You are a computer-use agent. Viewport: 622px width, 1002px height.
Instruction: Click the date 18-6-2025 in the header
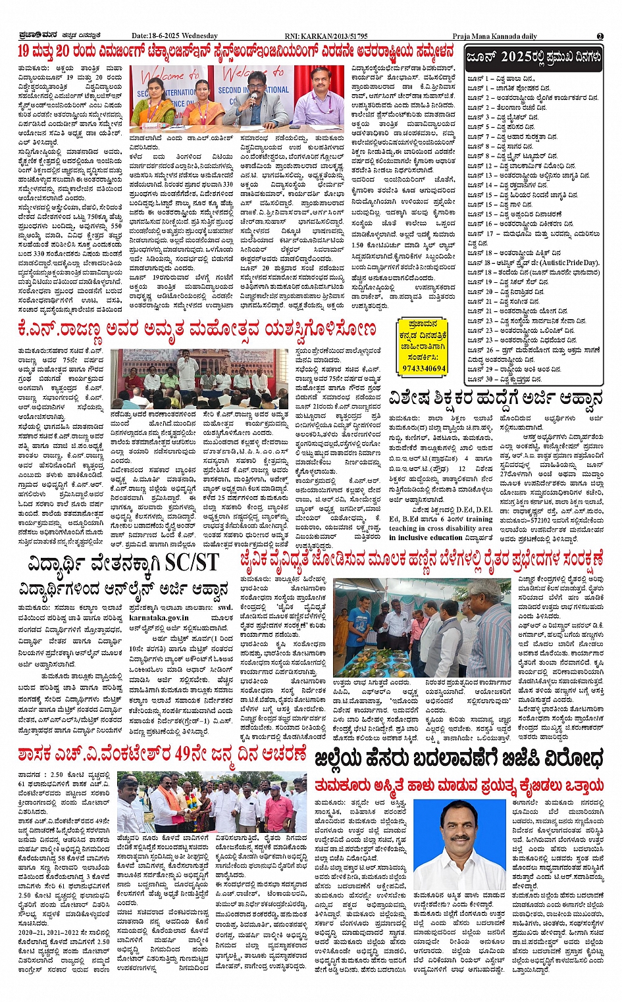click(x=165, y=36)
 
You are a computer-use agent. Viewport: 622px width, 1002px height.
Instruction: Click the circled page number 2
click(x=600, y=36)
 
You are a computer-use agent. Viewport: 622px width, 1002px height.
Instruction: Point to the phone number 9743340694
click(x=424, y=368)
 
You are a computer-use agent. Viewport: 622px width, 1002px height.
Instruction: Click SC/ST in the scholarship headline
click(x=192, y=563)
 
